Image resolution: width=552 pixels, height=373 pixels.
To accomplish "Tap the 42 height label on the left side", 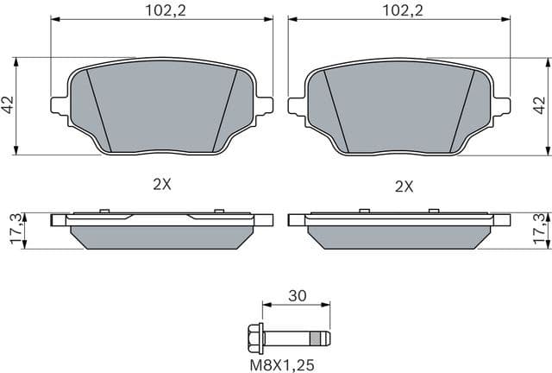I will [x=8, y=105].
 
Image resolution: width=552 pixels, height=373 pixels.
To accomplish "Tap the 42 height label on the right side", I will [x=542, y=105].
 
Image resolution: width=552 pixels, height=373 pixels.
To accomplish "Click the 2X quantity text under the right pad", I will [x=404, y=185].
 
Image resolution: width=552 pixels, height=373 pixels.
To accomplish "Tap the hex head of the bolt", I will [x=252, y=337].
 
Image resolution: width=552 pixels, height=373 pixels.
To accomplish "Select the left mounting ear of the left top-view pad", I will [x=60, y=105].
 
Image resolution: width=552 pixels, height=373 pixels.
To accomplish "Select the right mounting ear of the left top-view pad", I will [x=264, y=105].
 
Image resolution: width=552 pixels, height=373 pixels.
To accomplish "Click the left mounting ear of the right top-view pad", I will [x=296, y=105].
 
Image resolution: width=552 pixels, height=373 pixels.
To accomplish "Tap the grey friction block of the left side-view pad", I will [x=161, y=237].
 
